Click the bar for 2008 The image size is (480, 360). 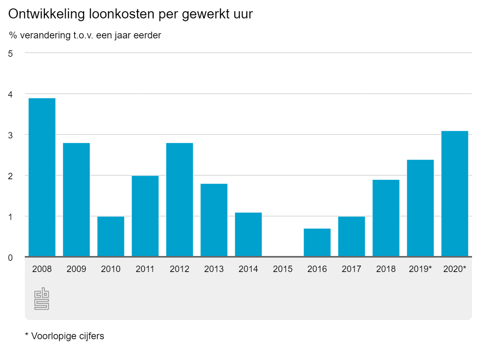pyautogui.click(x=42, y=177)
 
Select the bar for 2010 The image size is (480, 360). pyautogui.click(x=111, y=236)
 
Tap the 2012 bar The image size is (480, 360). pyautogui.click(x=180, y=200)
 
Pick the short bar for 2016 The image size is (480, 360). pyautogui.click(x=317, y=242)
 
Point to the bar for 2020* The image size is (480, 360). pyautogui.click(x=455, y=194)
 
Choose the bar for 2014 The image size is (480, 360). pyautogui.click(x=248, y=234)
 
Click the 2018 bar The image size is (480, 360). pyautogui.click(x=386, y=218)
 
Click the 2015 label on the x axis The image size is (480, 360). pyautogui.click(x=283, y=269)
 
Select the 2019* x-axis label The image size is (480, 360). pyautogui.click(x=420, y=269)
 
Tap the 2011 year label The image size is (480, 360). pyautogui.click(x=145, y=269)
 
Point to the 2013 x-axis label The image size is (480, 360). pyautogui.click(x=214, y=269)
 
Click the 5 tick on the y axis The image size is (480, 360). pyautogui.click(x=11, y=53)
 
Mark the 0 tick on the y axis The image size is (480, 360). pyautogui.click(x=11, y=258)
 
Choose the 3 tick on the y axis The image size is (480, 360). pyautogui.click(x=11, y=135)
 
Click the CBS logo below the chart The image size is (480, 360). pyautogui.click(x=42, y=299)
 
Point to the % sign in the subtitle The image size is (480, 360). pyautogui.click(x=13, y=35)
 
